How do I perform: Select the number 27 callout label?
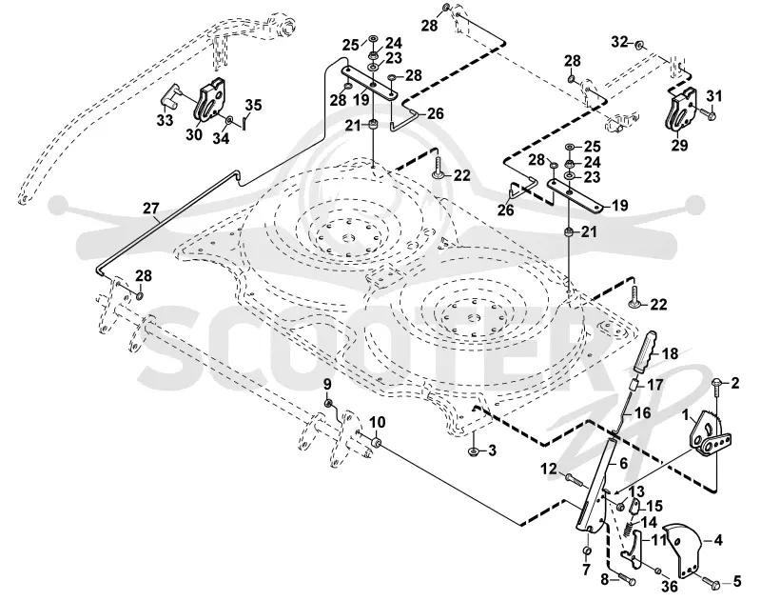(x=151, y=209)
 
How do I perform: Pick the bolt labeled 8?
(x=626, y=580)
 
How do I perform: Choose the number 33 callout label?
(x=165, y=119)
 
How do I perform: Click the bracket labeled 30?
(x=210, y=101)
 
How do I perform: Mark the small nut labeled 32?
(x=639, y=45)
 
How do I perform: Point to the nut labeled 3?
(x=473, y=451)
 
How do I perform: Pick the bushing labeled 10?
(x=376, y=443)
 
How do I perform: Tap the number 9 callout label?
(x=327, y=384)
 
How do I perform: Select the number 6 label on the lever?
(x=624, y=463)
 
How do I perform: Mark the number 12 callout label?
(x=550, y=469)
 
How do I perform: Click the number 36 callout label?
(x=670, y=587)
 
